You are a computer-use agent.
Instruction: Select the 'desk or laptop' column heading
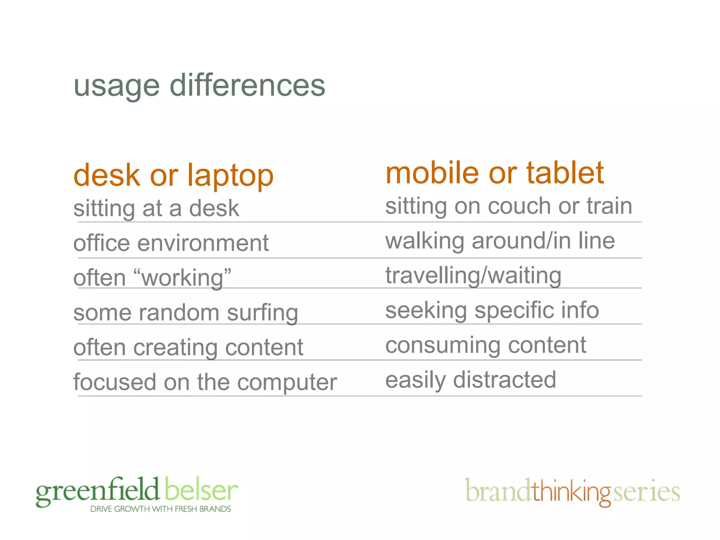tap(173, 175)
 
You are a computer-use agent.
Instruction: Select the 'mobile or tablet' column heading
tap(494, 173)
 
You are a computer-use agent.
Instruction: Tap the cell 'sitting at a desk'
tap(156, 208)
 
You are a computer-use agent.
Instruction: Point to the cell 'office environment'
tap(171, 243)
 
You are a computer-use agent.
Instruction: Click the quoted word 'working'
tap(183, 278)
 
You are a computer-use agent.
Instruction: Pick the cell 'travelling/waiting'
tap(473, 276)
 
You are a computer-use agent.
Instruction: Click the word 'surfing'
tap(262, 313)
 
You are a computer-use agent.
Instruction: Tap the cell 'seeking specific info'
tap(492, 310)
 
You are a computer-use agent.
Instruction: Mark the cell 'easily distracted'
tap(470, 380)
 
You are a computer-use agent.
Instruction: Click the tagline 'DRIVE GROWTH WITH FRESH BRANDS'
tap(160, 509)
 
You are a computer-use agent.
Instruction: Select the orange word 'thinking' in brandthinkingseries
tap(571, 492)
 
